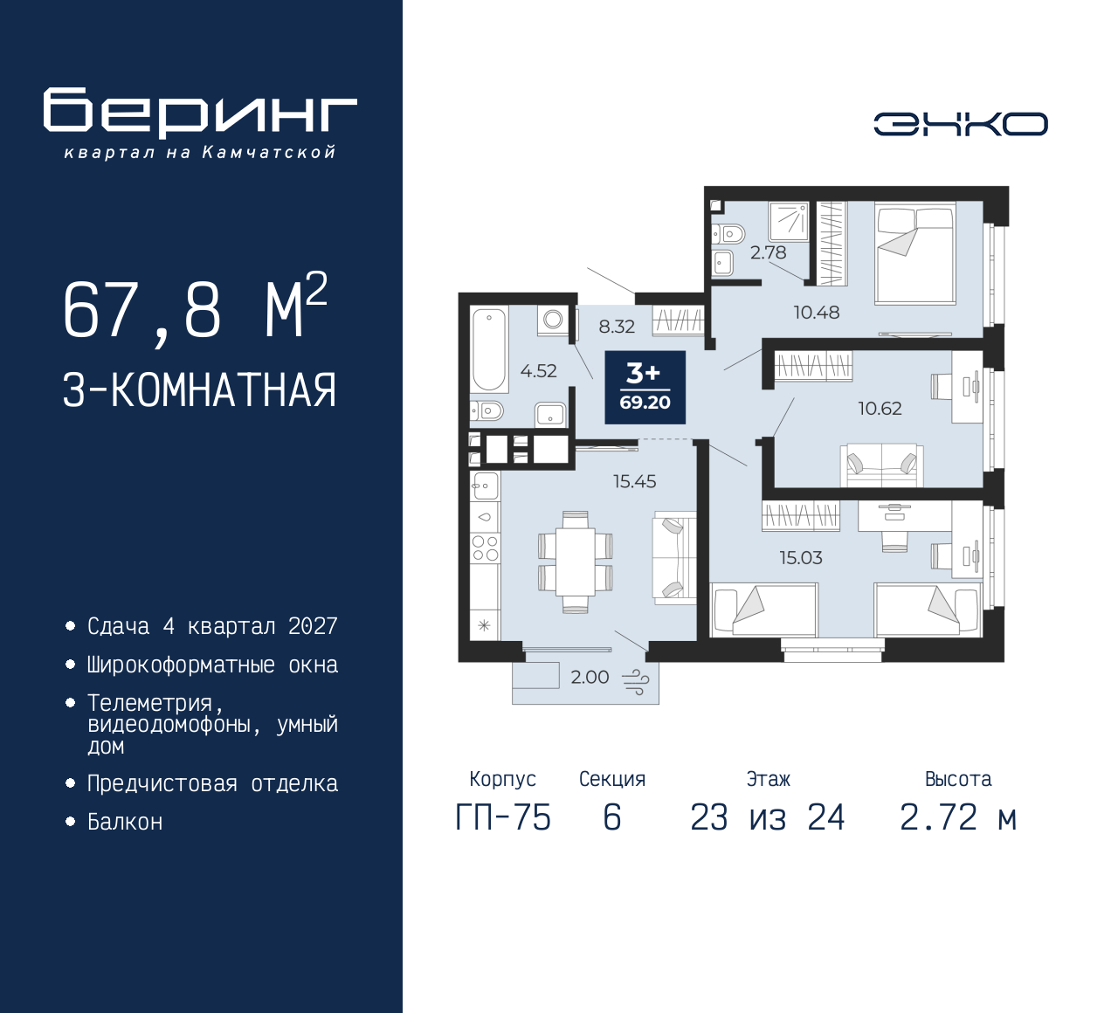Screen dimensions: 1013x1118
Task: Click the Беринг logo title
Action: pos(200,113)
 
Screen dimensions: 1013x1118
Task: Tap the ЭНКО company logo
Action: pos(960,124)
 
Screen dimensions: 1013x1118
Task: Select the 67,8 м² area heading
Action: pos(195,309)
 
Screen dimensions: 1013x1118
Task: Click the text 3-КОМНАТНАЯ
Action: pos(199,390)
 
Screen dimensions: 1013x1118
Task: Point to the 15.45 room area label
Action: pos(634,481)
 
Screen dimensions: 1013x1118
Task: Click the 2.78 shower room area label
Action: pos(768,252)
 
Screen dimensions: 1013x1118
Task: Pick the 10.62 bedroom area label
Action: pos(879,408)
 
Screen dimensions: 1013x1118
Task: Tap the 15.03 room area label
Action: pos(801,557)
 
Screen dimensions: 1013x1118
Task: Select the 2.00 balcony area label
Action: pos(590,677)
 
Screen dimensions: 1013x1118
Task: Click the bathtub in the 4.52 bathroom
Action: pos(489,349)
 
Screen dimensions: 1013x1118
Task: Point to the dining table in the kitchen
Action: pos(575,562)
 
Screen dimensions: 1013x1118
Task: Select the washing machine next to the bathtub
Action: pos(554,320)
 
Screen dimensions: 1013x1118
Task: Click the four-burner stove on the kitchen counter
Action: pos(486,548)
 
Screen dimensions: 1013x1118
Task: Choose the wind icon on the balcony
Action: pos(635,681)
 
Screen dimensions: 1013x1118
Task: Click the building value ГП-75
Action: pos(503,818)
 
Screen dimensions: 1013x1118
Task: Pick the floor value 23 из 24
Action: pos(767,818)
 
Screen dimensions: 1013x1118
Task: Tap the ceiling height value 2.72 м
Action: pos(958,818)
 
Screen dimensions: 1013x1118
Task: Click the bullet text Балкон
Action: pos(125,822)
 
